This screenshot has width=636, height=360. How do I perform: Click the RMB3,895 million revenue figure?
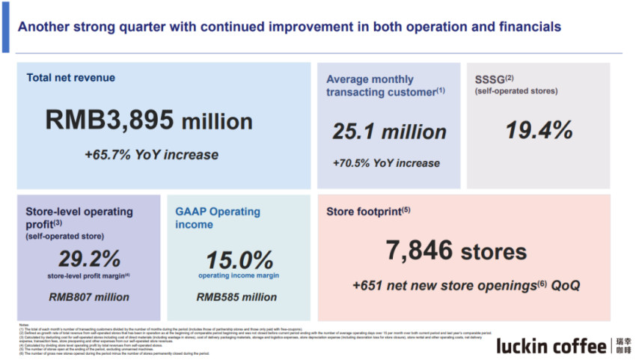click(149, 120)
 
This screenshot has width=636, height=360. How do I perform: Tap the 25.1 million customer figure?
click(389, 132)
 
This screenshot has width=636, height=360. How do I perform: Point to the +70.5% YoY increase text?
click(387, 162)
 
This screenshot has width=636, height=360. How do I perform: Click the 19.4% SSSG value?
click(539, 130)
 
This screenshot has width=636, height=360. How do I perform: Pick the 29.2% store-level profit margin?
click(89, 259)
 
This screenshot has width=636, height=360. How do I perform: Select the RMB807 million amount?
click(89, 297)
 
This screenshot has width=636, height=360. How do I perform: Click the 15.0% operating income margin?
click(239, 260)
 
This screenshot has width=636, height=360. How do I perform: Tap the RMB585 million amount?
click(236, 297)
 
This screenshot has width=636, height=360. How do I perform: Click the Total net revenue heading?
click(71, 77)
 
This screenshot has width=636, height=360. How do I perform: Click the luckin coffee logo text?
click(552, 345)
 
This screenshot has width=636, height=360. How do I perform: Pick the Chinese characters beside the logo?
click(623, 345)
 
